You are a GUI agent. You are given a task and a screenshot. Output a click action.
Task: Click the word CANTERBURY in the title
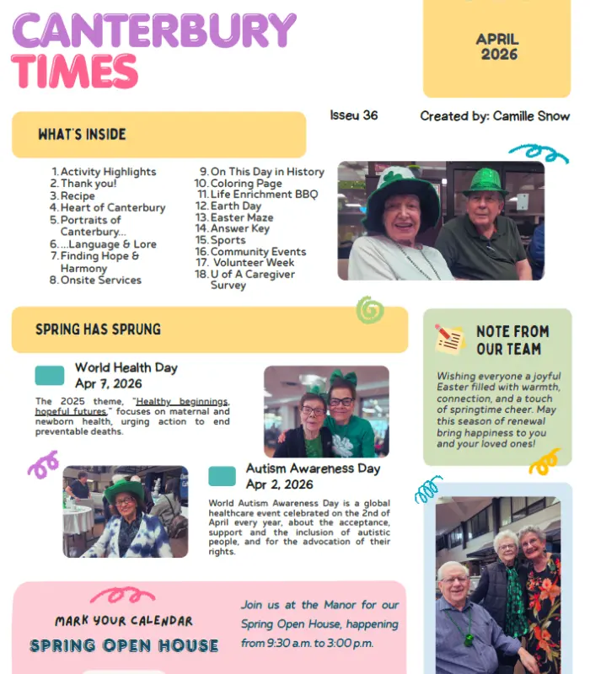click(x=154, y=30)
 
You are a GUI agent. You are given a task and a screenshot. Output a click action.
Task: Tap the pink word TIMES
click(x=75, y=71)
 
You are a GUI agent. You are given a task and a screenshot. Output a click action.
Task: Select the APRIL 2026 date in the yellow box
click(x=497, y=46)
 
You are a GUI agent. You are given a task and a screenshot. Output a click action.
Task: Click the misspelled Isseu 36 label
click(x=353, y=115)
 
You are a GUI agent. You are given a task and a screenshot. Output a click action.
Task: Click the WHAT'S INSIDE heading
click(x=82, y=134)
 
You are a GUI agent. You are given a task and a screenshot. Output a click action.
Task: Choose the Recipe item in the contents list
click(x=78, y=195)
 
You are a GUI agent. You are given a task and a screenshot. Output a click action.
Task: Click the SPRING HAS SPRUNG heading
click(x=98, y=329)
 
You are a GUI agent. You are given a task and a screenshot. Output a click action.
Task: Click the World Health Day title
click(x=126, y=367)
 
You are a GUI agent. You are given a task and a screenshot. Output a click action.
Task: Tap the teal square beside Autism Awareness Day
click(x=222, y=476)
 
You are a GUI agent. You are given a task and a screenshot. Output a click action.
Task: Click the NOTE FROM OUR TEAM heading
click(x=512, y=340)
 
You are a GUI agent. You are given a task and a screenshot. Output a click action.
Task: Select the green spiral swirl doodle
click(x=369, y=310)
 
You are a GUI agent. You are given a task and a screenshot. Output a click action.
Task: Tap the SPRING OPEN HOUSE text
click(x=124, y=646)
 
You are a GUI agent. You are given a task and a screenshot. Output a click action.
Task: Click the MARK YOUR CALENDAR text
click(x=124, y=621)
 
